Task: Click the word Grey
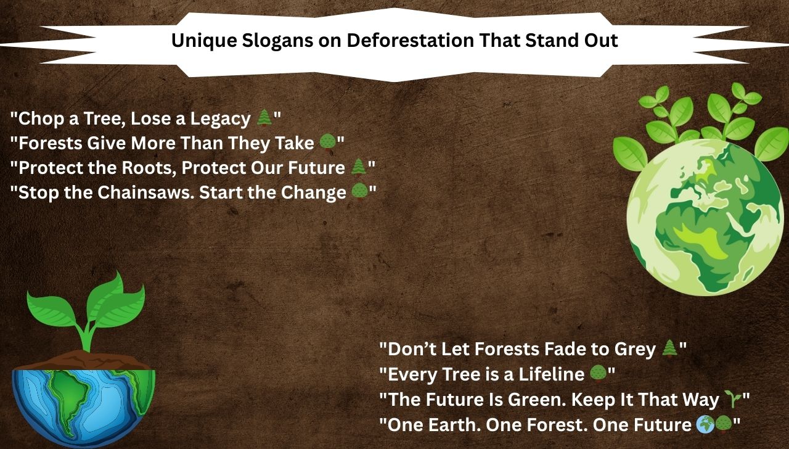point(635,349)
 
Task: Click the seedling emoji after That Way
point(732,400)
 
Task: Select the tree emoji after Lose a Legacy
point(264,118)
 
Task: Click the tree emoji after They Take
point(327,143)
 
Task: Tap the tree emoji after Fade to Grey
point(669,349)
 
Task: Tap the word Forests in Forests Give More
point(51,143)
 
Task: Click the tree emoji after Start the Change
point(360,192)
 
